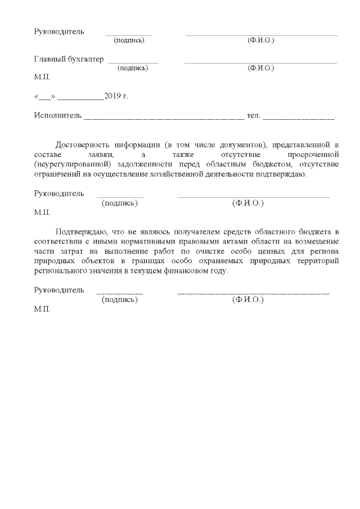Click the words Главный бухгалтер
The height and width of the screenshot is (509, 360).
[69, 59]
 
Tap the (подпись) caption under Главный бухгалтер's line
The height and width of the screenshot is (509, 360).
[133, 68]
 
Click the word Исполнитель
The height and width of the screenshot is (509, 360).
[57, 116]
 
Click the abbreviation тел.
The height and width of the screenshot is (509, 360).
[253, 116]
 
